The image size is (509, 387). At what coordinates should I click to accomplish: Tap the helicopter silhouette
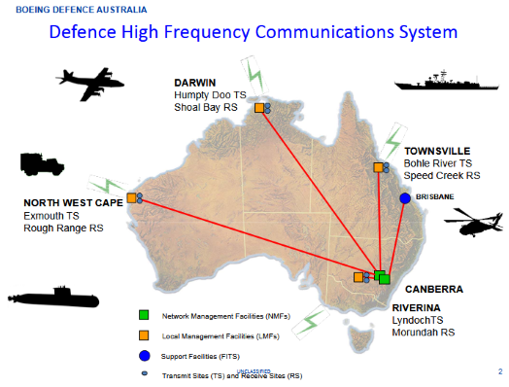[x=464, y=227]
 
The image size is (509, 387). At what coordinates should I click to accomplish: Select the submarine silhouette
[x=48, y=297]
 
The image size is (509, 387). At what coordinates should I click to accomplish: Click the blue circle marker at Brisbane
[x=404, y=198]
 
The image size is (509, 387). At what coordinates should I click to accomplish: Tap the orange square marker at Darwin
[x=259, y=108]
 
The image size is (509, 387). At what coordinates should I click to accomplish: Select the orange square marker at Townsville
[x=379, y=168]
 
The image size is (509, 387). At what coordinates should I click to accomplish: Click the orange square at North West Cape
[x=130, y=197]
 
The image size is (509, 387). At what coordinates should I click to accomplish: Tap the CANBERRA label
[x=433, y=289]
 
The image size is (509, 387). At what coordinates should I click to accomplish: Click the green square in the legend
[x=143, y=315]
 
